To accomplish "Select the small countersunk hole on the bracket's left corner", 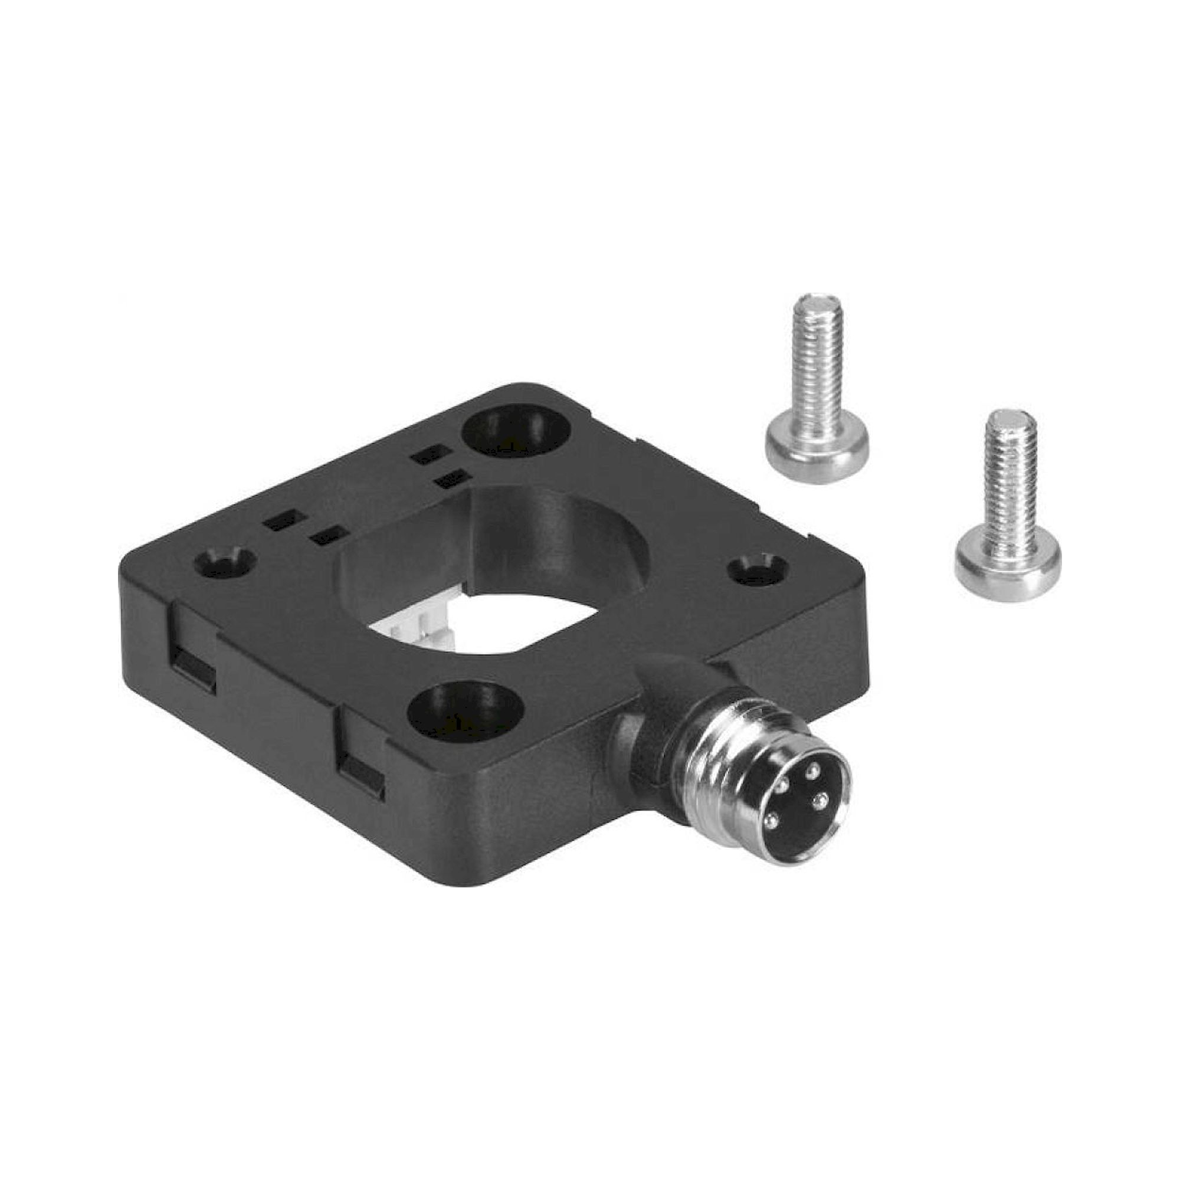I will (224, 563).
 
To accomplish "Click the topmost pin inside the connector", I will (813, 771).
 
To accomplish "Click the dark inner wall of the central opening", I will (550, 532).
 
